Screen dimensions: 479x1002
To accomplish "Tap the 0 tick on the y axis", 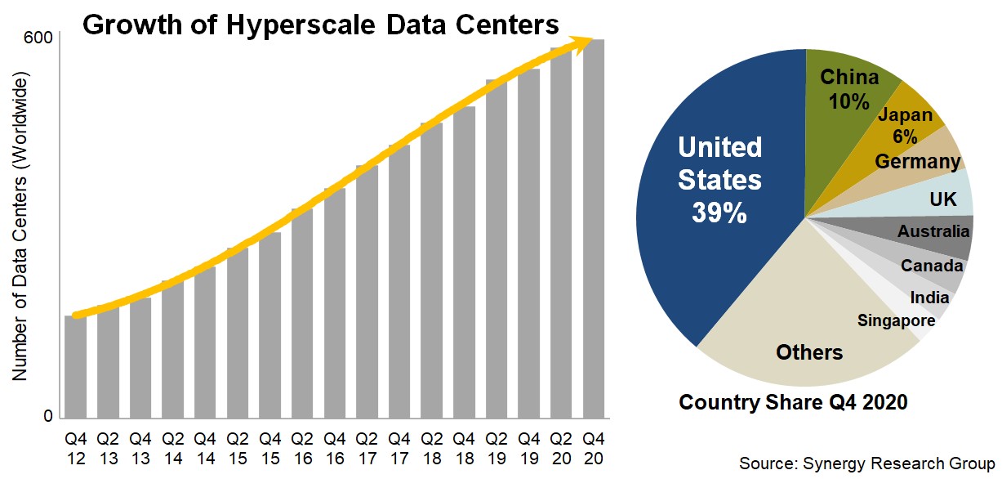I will pos(47,417).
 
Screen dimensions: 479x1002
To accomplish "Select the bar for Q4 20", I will pos(594,229).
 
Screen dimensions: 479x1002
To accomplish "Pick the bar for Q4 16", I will pos(335,302).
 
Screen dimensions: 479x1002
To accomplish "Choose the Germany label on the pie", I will pos(918,161).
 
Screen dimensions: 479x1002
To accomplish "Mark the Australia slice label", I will pos(933,232).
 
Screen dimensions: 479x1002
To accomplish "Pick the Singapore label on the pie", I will pos(896,320).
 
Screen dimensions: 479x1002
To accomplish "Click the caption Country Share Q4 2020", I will pos(793,402).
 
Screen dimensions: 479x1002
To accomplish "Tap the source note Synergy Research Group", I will pos(866,463).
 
